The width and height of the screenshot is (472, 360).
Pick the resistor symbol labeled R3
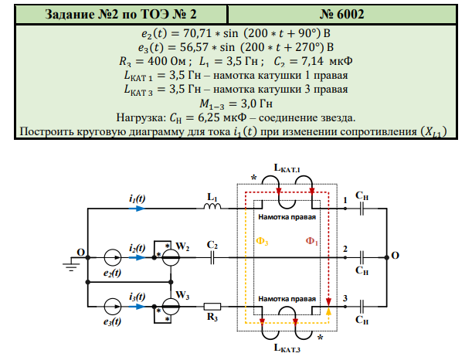[x=210, y=306]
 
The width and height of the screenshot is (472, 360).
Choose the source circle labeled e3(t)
[x=114, y=306]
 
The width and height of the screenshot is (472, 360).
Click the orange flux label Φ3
[x=263, y=242]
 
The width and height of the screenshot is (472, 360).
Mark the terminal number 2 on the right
[x=345, y=249]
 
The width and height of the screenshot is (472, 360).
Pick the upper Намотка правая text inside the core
[x=287, y=219]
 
